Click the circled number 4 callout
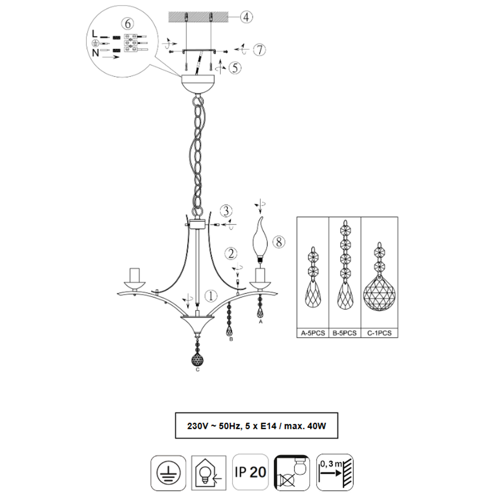tap(247, 17)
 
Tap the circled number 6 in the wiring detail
tap(127, 24)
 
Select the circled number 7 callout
tap(260, 50)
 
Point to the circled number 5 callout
tap(235, 68)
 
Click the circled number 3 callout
tap(226, 211)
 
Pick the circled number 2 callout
tap(231, 253)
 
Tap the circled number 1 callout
tap(211, 295)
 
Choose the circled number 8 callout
tap(279, 242)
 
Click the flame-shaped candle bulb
tap(260, 240)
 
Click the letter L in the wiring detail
tap(95, 34)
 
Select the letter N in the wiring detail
tap(95, 53)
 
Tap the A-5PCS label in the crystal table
tap(313, 333)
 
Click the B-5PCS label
tap(345, 333)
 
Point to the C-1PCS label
tap(379, 333)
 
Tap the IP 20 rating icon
tap(250, 472)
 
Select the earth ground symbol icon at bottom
tap(168, 473)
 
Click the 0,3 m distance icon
tap(335, 472)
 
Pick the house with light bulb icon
tap(208, 473)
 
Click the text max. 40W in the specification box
tap(305, 426)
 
